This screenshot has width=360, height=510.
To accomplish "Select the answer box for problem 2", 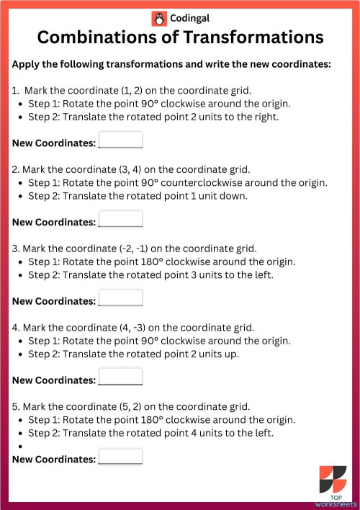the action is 120,219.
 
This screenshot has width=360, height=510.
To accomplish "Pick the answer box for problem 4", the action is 120,377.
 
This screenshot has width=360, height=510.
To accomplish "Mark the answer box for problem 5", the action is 120,456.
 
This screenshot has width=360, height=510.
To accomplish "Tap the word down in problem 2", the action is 234,195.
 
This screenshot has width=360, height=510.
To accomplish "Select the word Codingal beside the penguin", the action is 190,18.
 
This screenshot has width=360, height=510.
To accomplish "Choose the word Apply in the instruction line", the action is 28,63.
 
